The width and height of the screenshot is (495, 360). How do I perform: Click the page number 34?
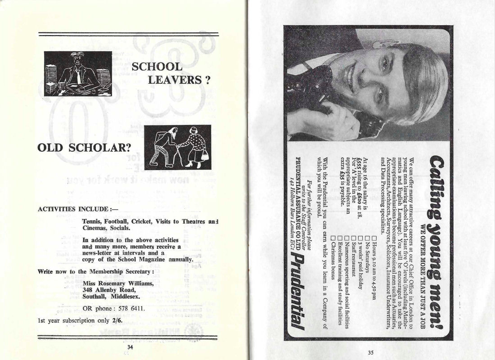130,346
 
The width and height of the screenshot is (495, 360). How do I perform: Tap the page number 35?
370,353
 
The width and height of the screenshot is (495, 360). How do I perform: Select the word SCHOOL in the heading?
157,67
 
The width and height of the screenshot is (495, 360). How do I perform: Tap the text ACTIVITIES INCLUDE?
73,210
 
